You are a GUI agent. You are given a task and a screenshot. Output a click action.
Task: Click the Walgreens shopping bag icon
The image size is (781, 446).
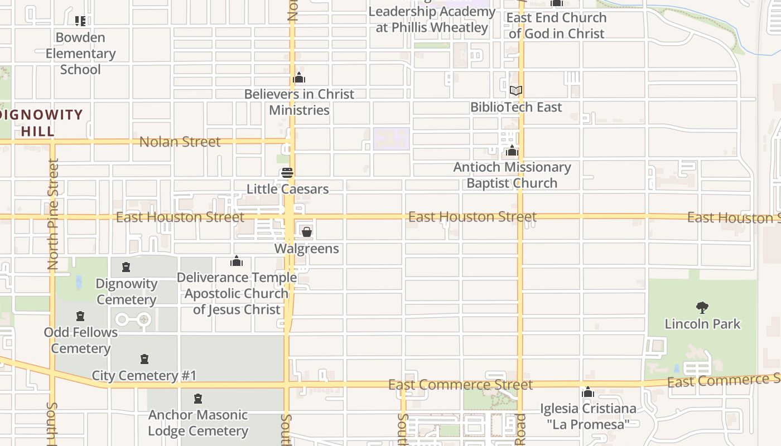306,232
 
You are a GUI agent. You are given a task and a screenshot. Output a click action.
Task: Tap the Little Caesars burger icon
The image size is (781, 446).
287,173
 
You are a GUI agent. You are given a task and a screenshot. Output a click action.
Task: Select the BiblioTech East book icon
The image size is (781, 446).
515,90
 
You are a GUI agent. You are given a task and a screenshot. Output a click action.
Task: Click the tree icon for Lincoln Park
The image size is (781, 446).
702,307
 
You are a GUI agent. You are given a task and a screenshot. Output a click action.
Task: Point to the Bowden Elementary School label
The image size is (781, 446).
81,54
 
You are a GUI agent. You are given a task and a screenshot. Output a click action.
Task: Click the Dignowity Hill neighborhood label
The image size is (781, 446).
42,123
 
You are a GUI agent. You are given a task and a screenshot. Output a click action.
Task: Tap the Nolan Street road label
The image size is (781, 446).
180,142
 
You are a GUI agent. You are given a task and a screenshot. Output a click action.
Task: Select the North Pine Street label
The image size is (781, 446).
53,215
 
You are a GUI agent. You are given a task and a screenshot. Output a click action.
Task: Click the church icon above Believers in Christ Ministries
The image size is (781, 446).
299,77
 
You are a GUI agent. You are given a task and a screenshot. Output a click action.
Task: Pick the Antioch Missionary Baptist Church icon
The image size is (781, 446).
512,151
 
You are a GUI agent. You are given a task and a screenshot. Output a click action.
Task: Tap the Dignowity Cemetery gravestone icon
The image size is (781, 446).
126,267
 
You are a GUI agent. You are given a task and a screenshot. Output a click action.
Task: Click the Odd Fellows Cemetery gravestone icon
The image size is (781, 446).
80,316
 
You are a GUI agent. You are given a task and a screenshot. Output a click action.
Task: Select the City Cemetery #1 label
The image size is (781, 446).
144,375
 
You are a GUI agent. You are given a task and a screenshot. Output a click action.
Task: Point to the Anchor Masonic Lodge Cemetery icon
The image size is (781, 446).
197,399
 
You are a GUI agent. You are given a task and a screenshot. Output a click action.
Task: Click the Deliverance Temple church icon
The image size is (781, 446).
237,261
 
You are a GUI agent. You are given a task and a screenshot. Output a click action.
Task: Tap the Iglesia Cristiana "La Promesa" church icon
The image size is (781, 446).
587,392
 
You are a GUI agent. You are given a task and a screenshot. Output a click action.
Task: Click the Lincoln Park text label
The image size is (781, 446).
702,324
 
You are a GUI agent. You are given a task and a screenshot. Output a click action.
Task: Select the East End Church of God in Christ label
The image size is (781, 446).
556,26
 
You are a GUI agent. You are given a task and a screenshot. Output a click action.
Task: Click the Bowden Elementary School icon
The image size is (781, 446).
80,21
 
